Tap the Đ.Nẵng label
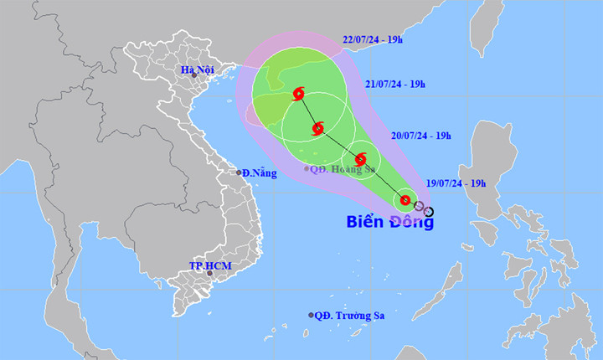tap(259, 172)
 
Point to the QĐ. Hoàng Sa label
tap(342, 169)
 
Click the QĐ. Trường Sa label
tap(350, 316)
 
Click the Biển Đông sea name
tap(390, 222)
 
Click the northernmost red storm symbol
tap(298, 95)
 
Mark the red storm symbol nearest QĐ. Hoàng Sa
tap(361, 159)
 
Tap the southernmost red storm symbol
tap(405, 200)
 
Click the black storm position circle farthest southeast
tap(429, 211)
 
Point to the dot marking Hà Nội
tap(193, 75)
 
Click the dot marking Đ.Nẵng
tap(239, 172)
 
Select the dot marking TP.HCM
tap(210, 273)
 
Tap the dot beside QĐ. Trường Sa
tap(312, 316)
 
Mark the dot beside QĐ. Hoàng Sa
tap(307, 169)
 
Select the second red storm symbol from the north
tap(317, 129)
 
